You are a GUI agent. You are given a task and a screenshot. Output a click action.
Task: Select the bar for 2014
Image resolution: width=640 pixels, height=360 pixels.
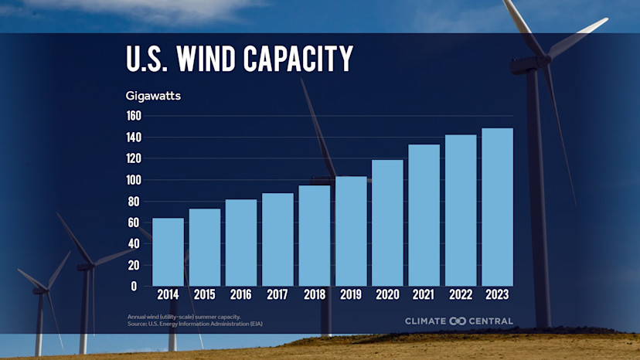(x=168, y=252)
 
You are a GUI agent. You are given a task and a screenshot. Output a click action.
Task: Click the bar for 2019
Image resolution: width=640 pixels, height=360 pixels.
(x=351, y=231)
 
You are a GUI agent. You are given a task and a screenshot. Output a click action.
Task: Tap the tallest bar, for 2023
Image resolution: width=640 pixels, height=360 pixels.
(x=497, y=207)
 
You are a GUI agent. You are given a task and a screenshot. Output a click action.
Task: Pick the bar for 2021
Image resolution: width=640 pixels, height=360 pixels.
(x=424, y=215)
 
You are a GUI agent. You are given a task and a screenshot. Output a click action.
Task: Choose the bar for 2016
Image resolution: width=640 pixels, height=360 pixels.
(x=241, y=243)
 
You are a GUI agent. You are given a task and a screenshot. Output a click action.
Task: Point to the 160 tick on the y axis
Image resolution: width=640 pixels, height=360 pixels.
(x=134, y=116)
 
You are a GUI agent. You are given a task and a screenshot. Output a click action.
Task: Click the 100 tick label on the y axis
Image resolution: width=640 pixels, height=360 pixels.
(x=134, y=180)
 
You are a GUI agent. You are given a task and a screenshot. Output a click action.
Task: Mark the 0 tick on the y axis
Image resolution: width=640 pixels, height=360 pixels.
(x=134, y=286)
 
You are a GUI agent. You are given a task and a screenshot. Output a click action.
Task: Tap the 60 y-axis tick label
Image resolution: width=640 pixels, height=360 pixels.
(x=134, y=222)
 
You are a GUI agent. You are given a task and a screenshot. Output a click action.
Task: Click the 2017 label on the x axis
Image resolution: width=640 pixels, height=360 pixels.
(x=277, y=295)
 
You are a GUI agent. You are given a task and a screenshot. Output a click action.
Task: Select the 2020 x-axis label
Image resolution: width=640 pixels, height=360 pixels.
(x=387, y=295)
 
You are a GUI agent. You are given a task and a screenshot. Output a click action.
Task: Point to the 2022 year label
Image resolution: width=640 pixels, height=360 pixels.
(x=461, y=295)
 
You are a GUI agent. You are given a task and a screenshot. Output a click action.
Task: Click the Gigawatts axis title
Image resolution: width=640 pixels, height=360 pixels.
(x=153, y=97)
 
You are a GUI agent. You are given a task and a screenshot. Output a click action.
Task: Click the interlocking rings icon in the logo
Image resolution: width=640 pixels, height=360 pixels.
(x=458, y=321)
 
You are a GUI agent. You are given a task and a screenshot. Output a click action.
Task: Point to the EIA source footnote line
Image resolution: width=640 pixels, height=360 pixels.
(x=195, y=324)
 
